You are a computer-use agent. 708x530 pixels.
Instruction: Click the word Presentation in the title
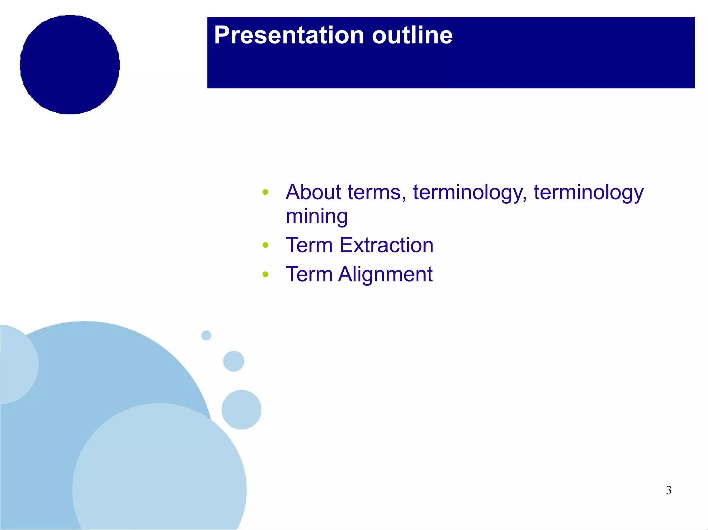289,35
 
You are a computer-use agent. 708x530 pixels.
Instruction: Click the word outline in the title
412,35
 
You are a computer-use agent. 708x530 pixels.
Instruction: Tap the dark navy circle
70,65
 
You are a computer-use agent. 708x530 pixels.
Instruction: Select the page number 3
669,490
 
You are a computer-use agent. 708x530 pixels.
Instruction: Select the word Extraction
386,245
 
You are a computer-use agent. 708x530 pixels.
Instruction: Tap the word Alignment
385,274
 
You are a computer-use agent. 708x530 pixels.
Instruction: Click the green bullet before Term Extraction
265,245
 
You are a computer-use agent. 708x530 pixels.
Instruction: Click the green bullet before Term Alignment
265,274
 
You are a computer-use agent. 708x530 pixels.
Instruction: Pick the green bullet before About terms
265,192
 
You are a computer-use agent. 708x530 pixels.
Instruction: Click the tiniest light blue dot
206,335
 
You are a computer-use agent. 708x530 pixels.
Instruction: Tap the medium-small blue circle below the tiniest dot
234,361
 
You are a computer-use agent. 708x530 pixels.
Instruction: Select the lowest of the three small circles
241,409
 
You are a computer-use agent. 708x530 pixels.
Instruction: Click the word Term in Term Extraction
309,245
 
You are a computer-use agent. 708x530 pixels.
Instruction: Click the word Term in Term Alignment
309,274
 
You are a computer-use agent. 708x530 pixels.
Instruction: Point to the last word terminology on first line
588,193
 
